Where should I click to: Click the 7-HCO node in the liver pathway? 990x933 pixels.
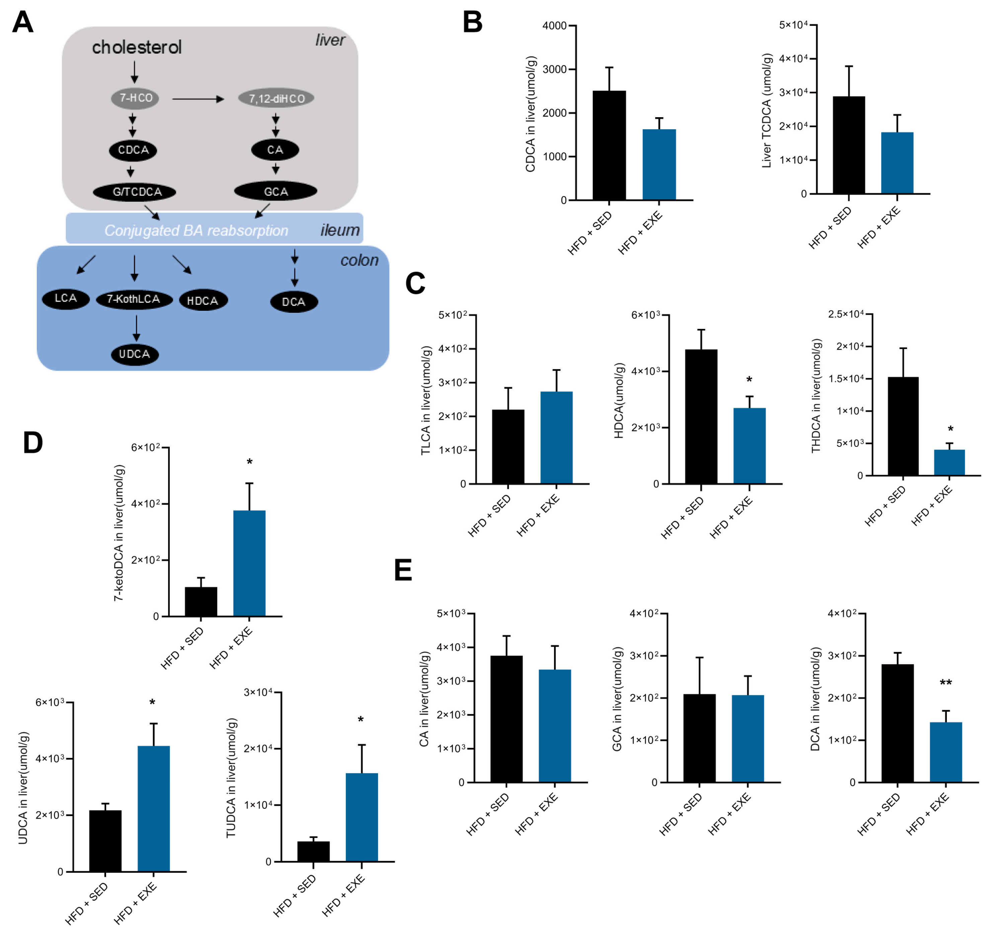click(x=135, y=98)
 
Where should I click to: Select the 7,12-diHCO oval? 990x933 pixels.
click(x=277, y=99)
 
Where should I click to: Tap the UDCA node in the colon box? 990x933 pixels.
click(x=135, y=354)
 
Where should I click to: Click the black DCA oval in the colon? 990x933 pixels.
click(x=294, y=302)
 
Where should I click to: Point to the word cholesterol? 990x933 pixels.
click(x=137, y=47)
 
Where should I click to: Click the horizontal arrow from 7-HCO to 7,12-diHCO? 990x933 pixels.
click(x=198, y=99)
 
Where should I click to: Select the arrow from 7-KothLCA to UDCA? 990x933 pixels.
click(x=136, y=328)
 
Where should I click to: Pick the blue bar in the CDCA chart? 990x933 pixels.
click(x=659, y=164)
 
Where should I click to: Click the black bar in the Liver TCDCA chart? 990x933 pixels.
click(x=849, y=145)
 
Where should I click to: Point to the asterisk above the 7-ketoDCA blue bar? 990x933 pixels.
click(x=249, y=462)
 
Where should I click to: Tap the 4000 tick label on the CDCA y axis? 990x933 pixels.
click(x=554, y=25)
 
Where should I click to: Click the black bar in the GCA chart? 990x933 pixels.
click(x=699, y=738)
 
